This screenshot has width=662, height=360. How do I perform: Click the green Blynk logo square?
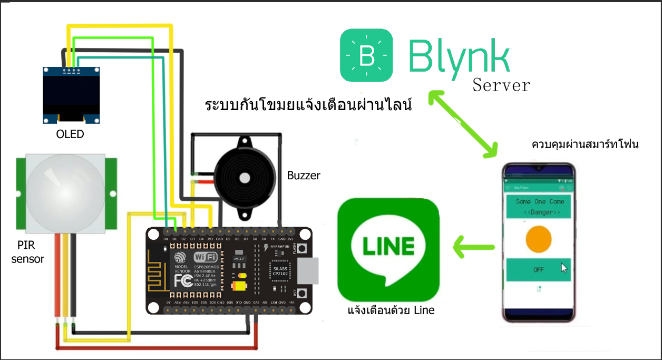click(x=366, y=55)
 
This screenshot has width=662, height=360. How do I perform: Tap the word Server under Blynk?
click(x=501, y=85)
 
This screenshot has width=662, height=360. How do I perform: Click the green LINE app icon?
click(x=388, y=249)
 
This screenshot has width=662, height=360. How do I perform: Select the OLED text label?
click(x=70, y=134)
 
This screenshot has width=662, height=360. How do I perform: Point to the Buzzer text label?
click(x=304, y=176)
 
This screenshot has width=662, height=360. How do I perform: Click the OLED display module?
click(x=71, y=95)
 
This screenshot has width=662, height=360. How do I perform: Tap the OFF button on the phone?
click(x=538, y=269)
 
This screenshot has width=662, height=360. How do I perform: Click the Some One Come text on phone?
click(x=539, y=201)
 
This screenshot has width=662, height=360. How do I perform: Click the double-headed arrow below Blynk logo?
click(x=463, y=124)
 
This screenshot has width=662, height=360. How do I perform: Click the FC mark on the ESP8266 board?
click(x=183, y=279)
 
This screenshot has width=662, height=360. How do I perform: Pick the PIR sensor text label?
click(x=28, y=252)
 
